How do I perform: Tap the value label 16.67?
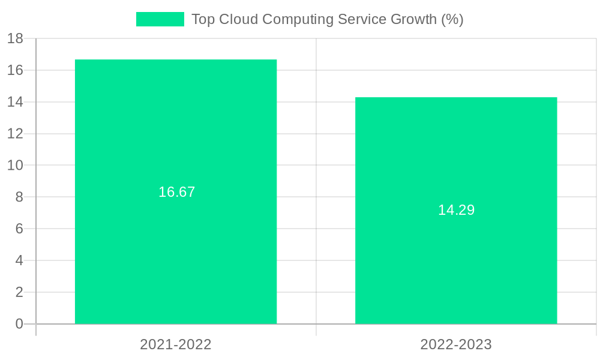pyautogui.click(x=176, y=192)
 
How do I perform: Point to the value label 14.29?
pyautogui.click(x=456, y=210)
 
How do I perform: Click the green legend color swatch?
pyautogui.click(x=160, y=19)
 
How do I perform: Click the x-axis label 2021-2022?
pyautogui.click(x=176, y=344)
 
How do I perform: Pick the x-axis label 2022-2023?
pyautogui.click(x=456, y=344)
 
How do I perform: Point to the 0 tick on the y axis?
pyautogui.click(x=19, y=324)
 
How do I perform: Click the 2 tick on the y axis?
pyautogui.click(x=19, y=292)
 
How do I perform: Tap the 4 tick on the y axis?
pyautogui.click(x=19, y=260)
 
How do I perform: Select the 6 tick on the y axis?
pyautogui.click(x=19, y=229)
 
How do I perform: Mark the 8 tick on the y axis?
pyautogui.click(x=19, y=197)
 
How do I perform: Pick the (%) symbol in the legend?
pyautogui.click(x=452, y=19)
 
